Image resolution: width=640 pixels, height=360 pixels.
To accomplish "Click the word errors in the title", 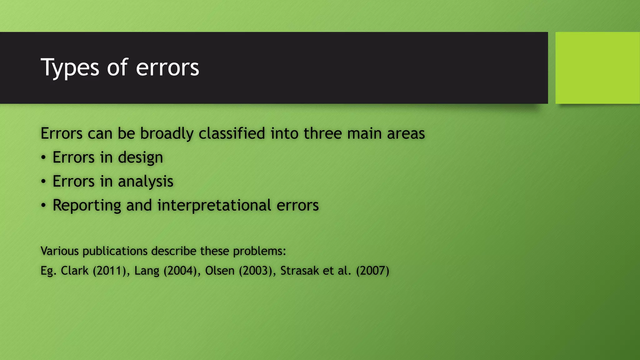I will point(167,67).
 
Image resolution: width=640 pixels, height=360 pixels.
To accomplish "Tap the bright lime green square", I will point(597,68).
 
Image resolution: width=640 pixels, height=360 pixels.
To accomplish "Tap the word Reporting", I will point(87,206).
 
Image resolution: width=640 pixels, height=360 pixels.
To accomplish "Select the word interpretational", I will point(214,206).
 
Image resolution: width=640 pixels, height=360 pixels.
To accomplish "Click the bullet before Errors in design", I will point(43,157).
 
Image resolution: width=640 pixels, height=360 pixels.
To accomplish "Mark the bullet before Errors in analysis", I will point(43,182).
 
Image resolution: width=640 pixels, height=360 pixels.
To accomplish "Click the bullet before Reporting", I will point(43,206).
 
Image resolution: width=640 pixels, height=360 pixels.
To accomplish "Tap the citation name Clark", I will point(74,271).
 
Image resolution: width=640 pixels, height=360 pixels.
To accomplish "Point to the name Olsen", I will point(220,271).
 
